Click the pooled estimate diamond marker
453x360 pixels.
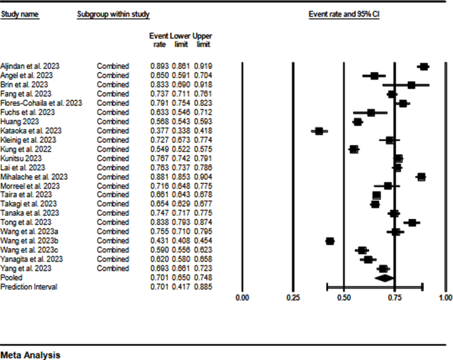tap(384, 278)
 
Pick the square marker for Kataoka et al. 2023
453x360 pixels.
tap(319, 131)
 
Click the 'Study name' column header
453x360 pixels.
tap(18, 14)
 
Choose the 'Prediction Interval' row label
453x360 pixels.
tap(29, 287)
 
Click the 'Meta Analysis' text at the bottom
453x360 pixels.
tap(30, 355)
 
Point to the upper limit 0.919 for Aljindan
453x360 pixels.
tap(203, 67)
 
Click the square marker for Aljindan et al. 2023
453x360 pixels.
tap(424, 67)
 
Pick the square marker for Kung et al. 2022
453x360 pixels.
tap(354, 150)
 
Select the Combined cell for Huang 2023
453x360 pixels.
tap(113, 122)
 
